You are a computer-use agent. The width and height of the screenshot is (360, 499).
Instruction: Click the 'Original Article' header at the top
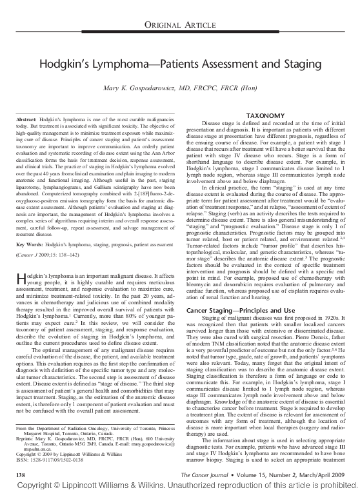(180, 25)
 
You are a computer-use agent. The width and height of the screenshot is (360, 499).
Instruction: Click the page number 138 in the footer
(19, 473)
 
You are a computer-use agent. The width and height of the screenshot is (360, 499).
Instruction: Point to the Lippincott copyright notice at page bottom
(180, 487)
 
